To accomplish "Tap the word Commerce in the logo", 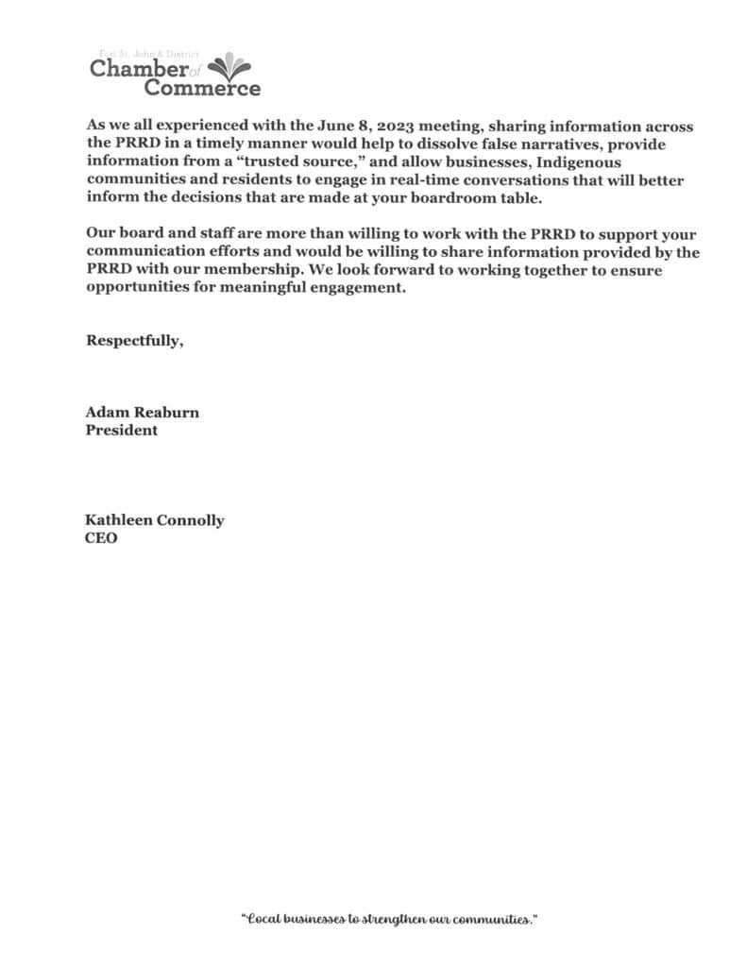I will tap(202, 89).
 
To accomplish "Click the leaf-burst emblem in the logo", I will tap(229, 67).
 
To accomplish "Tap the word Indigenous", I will tap(575, 162).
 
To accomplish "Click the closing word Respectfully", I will tap(134, 341).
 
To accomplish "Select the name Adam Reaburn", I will tap(143, 413).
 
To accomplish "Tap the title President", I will tap(122, 431).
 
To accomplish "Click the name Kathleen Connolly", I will tap(155, 520).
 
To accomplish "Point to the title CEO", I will tap(102, 539).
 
